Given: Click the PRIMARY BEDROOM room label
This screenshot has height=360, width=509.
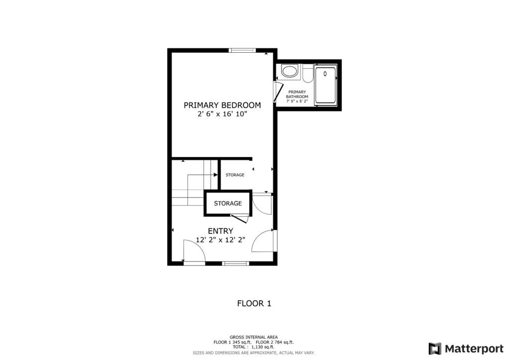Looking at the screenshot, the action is [222, 105].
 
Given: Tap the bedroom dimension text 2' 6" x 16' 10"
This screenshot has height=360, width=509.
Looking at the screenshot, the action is [222, 114].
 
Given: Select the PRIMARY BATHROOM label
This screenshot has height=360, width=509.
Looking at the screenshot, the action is [297, 94].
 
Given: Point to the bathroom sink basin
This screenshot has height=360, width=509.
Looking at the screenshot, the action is [289, 71].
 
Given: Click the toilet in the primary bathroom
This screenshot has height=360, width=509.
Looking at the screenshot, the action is [308, 74].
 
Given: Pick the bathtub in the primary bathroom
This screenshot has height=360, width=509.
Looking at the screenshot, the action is [325, 85].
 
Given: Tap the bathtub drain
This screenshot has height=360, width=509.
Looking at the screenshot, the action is [325, 74].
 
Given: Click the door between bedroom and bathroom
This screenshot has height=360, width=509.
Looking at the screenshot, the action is [277, 92].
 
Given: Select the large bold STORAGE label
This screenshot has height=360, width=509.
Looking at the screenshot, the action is [228, 203].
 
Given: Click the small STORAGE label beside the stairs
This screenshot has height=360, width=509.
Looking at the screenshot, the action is [235, 175].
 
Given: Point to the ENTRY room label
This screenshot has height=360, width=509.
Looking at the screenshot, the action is [220, 231].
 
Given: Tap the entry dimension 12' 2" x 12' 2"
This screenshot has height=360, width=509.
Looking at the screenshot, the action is [220, 240].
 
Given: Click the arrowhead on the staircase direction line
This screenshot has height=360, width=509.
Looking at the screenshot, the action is [216, 175].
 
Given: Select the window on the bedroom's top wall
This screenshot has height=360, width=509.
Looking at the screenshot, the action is [242, 50].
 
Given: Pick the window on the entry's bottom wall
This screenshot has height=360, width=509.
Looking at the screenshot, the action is [236, 263].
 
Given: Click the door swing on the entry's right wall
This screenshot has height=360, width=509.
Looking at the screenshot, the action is [263, 240].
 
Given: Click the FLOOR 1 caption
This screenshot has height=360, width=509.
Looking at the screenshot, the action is [254, 303].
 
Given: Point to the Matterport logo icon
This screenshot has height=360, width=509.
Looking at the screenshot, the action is [434, 349].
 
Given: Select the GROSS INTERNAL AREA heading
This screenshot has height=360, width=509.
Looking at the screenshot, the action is [254, 337].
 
